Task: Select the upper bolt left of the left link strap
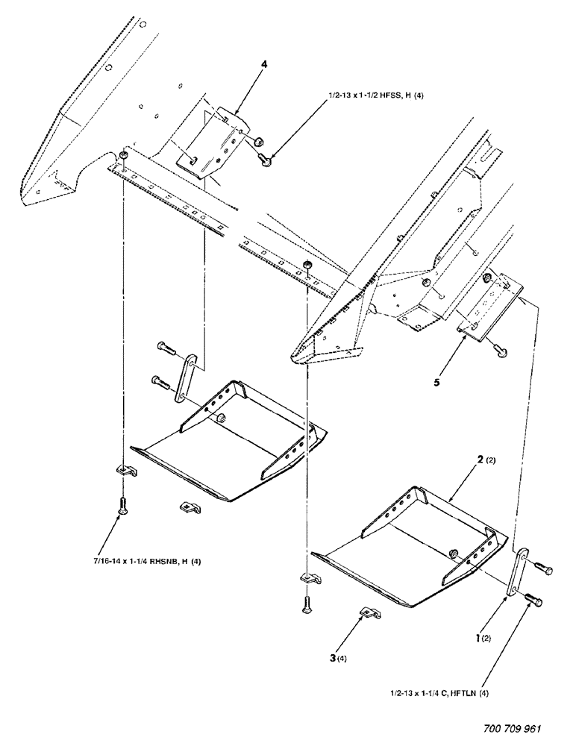coord(166,347)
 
